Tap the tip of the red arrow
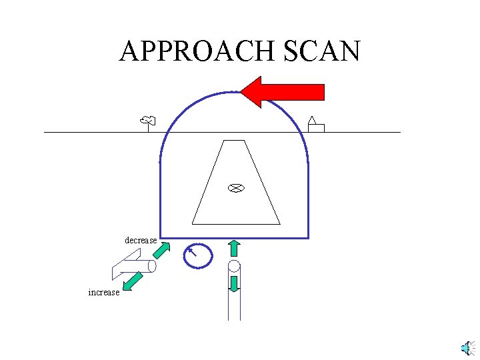coord(242,91)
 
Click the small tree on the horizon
coord(147,121)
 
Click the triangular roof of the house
coord(311,120)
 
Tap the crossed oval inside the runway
coord(235,188)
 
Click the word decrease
coord(141,240)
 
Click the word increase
coord(103,292)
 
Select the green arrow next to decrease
coord(161,250)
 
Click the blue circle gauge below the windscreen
coord(198,255)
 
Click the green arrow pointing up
coord(234,248)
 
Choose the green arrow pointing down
coord(234,283)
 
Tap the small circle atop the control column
coord(234,267)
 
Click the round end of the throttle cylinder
coord(152,267)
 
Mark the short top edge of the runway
coord(235,141)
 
